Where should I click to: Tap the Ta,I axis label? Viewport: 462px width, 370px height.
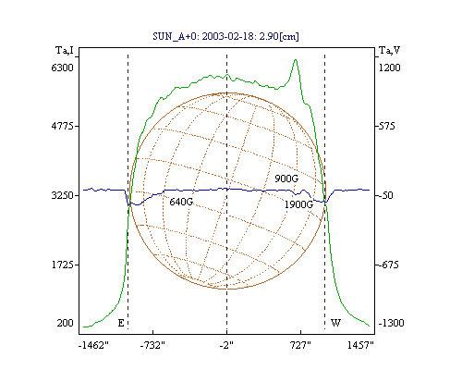(65, 50)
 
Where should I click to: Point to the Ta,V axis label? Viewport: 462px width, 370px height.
(389, 50)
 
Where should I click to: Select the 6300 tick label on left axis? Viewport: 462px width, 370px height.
(63, 68)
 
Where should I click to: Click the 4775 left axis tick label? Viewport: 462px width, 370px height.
(63, 126)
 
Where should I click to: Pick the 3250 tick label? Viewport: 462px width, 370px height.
(63, 195)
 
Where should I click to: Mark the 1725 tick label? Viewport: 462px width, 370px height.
(63, 265)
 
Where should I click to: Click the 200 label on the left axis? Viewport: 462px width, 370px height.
(65, 323)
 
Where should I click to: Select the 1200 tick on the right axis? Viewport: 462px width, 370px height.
(389, 68)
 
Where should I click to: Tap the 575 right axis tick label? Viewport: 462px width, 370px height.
(386, 126)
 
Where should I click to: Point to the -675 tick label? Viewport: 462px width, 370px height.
(388, 265)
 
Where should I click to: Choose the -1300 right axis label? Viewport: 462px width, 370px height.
(391, 323)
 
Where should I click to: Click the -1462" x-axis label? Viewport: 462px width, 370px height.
(93, 345)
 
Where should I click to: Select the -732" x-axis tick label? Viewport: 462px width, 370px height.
(152, 345)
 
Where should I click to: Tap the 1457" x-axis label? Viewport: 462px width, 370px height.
(360, 345)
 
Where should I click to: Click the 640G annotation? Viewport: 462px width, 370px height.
(181, 202)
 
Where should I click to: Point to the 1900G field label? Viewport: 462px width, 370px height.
(298, 204)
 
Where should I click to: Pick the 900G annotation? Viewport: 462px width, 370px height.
(286, 179)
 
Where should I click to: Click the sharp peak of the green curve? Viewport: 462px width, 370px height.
(296, 59)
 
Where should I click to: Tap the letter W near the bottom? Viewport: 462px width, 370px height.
(335, 323)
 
